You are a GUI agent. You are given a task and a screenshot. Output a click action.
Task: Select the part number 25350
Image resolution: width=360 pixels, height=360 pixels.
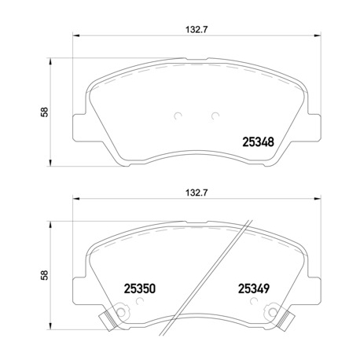tap(139, 288)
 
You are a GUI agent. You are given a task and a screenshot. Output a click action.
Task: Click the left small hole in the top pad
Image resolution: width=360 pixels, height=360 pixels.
tap(178, 116)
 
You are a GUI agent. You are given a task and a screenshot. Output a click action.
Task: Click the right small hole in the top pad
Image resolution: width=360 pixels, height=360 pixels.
tap(215, 116)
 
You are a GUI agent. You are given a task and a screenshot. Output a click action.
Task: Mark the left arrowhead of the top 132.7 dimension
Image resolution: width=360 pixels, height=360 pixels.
tap(75, 37)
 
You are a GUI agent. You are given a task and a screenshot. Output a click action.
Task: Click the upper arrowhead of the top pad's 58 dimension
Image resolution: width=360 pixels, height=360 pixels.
tap(53, 60)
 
